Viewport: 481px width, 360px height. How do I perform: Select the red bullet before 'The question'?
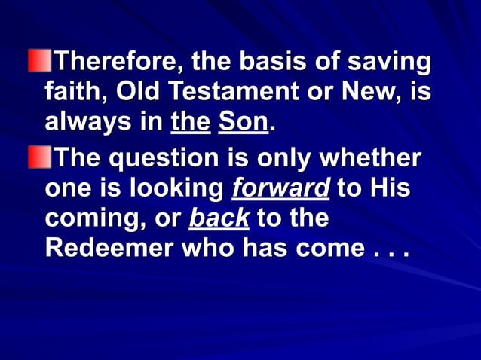[36, 157]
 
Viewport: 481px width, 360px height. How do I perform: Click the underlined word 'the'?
[190, 123]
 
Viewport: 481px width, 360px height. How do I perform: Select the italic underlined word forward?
[280, 189]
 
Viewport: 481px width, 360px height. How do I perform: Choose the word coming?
[90, 220]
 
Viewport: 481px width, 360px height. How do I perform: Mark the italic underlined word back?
[219, 219]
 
